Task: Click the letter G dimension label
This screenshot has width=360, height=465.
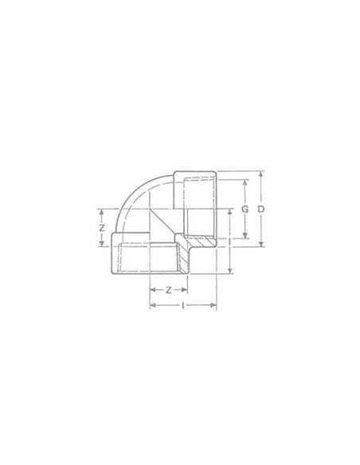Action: (245, 209)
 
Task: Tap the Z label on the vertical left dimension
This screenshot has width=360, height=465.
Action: (101, 228)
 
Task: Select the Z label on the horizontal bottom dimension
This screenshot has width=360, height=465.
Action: (168, 291)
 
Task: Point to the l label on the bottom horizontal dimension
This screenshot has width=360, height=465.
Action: (183, 305)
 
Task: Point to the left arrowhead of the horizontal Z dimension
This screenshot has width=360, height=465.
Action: (152, 291)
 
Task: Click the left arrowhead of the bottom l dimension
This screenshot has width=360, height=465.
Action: (152, 305)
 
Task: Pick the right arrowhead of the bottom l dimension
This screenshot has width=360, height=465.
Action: (214, 305)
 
